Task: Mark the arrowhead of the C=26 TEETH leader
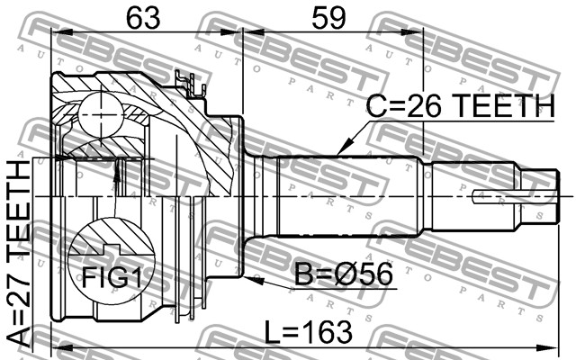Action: [339, 150]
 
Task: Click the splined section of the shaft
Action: [351, 194]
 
